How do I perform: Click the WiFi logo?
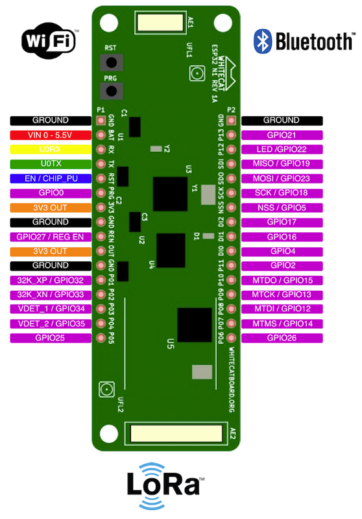pos(49,40)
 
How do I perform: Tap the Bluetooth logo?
pos(304,42)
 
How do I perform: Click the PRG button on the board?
pos(112,91)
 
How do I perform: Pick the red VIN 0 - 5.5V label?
pos(51,135)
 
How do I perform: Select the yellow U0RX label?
pos(51,149)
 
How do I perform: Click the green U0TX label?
pos(51,164)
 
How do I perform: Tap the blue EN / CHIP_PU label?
pos(51,178)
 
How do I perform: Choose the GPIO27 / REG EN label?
pos(51,237)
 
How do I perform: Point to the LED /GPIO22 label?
pos(282,149)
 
